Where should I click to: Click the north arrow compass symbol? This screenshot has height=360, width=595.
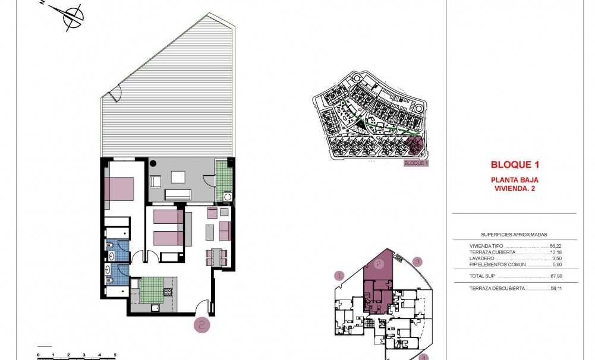pos(72,17)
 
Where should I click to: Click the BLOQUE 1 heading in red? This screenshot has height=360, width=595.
pos(515,165)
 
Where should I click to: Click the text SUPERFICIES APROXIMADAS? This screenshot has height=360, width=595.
pos(514,235)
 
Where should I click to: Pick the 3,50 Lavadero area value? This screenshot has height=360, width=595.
pos(556,258)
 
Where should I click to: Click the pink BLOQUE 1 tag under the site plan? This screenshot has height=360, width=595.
pos(415,163)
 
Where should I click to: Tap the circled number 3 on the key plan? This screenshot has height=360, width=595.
pos(418,261)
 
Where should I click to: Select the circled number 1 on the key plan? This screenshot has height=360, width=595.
pos(339,275)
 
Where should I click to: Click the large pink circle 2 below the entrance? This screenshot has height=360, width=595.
pos(202,324)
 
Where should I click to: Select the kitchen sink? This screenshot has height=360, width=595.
pos(155,308)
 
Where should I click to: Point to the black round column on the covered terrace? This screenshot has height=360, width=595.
pos(152,162)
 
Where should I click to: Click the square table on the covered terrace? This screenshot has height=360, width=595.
pos(178,176)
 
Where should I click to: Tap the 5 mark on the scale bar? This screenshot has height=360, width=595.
pos(115,355)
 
